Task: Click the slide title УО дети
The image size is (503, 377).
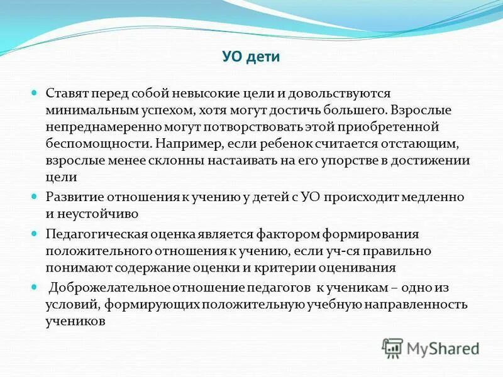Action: pyautogui.click(x=251, y=57)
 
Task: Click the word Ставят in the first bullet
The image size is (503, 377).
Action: pyautogui.click(x=67, y=93)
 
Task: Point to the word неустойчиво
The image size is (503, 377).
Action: pyautogui.click(x=99, y=214)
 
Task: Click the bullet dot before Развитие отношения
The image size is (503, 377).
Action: pyautogui.click(x=35, y=197)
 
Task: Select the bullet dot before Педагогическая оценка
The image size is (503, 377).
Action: pyautogui.click(x=35, y=234)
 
